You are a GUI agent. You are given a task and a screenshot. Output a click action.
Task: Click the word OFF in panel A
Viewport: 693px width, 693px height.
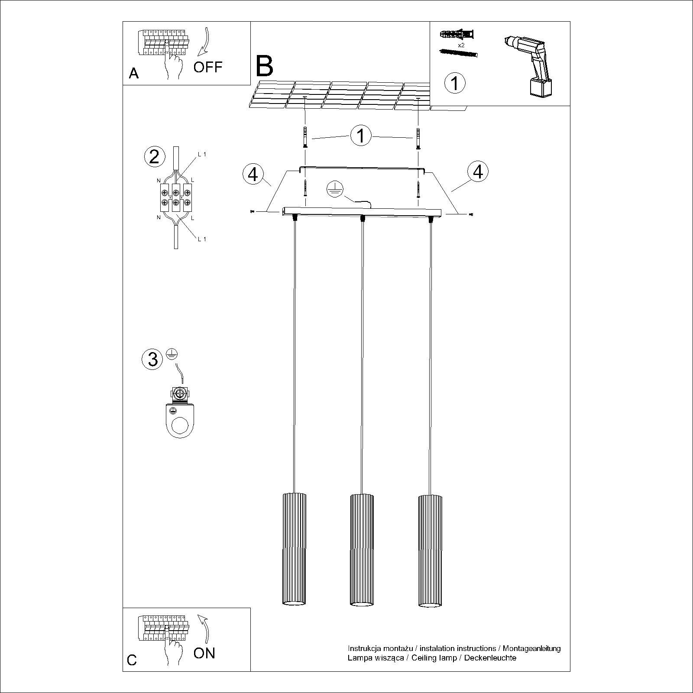click(x=207, y=67)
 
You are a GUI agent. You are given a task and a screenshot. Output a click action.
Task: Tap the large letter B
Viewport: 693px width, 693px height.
click(x=265, y=66)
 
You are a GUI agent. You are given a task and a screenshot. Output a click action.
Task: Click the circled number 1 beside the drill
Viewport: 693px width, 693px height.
click(x=455, y=82)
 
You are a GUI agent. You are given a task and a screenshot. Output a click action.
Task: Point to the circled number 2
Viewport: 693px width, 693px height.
click(x=154, y=156)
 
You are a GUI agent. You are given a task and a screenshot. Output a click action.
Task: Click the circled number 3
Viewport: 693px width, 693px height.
click(x=152, y=359)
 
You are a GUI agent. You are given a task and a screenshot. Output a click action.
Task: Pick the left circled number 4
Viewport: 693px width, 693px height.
click(x=253, y=174)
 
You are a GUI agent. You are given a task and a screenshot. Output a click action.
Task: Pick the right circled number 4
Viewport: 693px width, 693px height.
click(x=478, y=172)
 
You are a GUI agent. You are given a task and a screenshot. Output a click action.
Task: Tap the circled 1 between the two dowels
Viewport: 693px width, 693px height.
click(x=361, y=136)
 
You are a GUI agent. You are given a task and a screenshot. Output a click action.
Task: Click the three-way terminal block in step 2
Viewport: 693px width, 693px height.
click(x=176, y=197)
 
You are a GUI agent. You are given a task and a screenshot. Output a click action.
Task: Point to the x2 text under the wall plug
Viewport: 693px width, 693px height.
click(x=461, y=45)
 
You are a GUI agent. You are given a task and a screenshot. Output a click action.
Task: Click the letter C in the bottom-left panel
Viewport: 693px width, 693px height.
click(x=132, y=672)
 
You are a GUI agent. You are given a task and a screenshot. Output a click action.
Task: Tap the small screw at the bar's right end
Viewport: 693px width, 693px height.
click(x=471, y=214)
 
